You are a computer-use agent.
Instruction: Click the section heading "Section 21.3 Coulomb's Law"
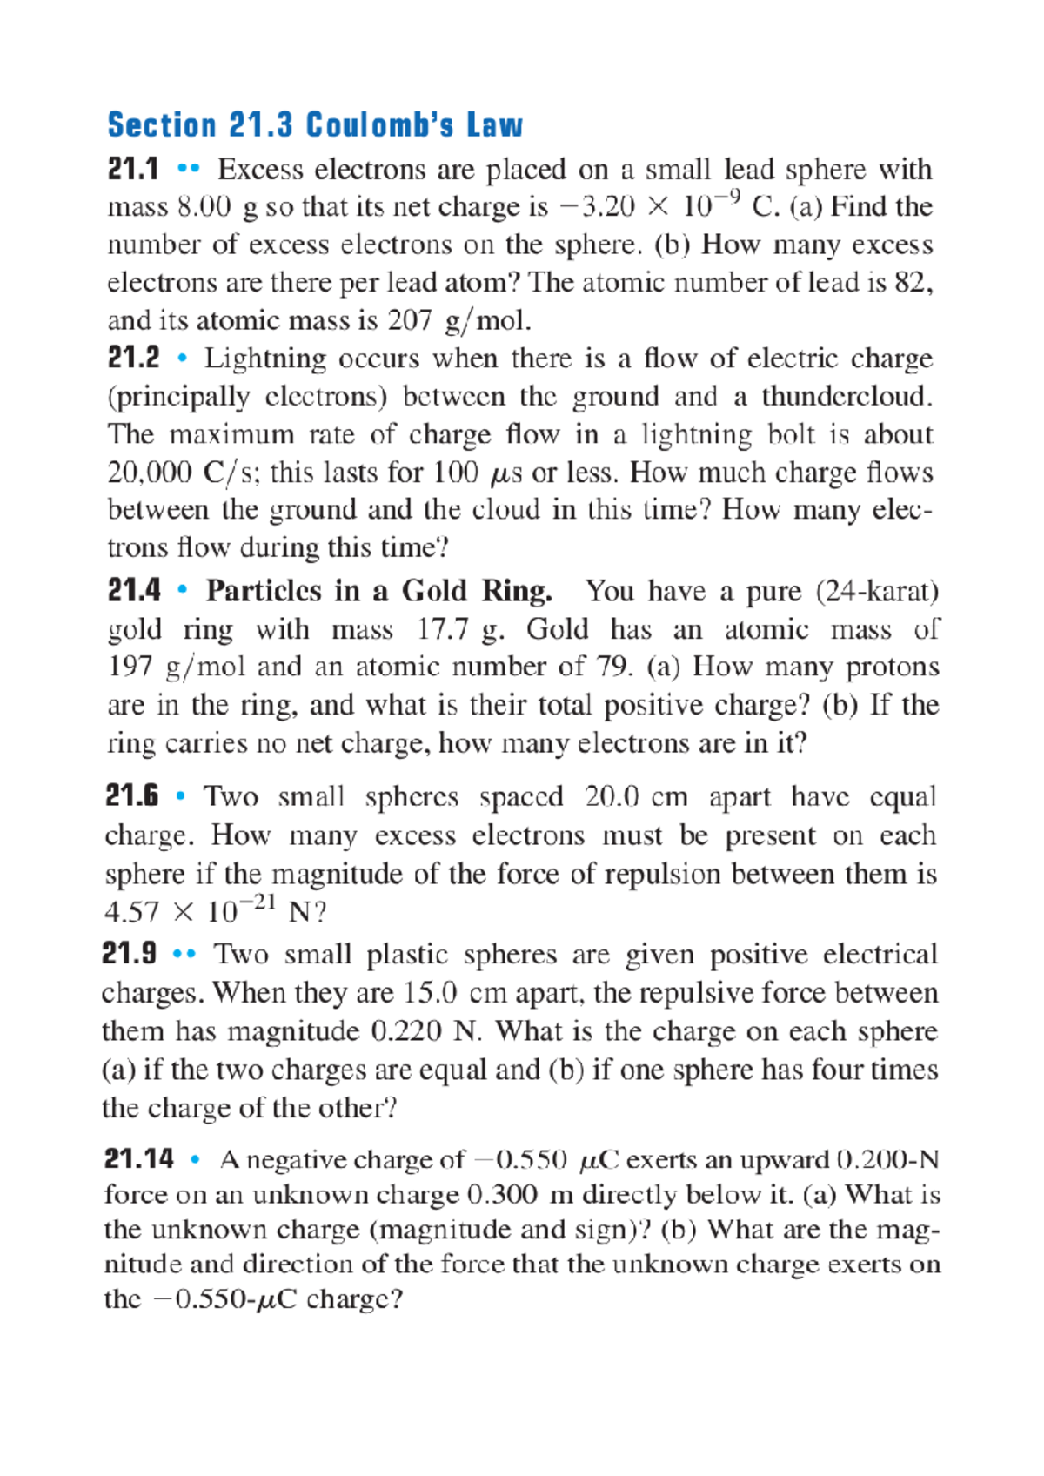pos(314,125)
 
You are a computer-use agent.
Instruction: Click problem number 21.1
pos(132,169)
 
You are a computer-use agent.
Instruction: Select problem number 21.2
pos(133,358)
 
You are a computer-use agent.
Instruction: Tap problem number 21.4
pos(133,591)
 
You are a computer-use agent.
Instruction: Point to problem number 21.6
pos(131,795)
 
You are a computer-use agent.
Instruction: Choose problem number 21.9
pos(129,954)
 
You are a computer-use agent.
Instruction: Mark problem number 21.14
pos(138,1159)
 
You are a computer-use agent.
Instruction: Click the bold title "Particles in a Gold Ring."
pos(378,591)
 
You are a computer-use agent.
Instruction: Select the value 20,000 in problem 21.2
pos(150,473)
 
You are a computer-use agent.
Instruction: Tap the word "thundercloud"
pos(845,396)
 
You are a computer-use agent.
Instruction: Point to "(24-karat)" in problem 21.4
pos(877,591)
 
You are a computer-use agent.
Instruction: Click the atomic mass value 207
pos(410,320)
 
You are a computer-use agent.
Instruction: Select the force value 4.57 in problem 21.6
pos(131,912)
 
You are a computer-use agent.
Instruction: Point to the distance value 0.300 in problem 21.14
pos(502,1194)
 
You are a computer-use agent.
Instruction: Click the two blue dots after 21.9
pos(184,955)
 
